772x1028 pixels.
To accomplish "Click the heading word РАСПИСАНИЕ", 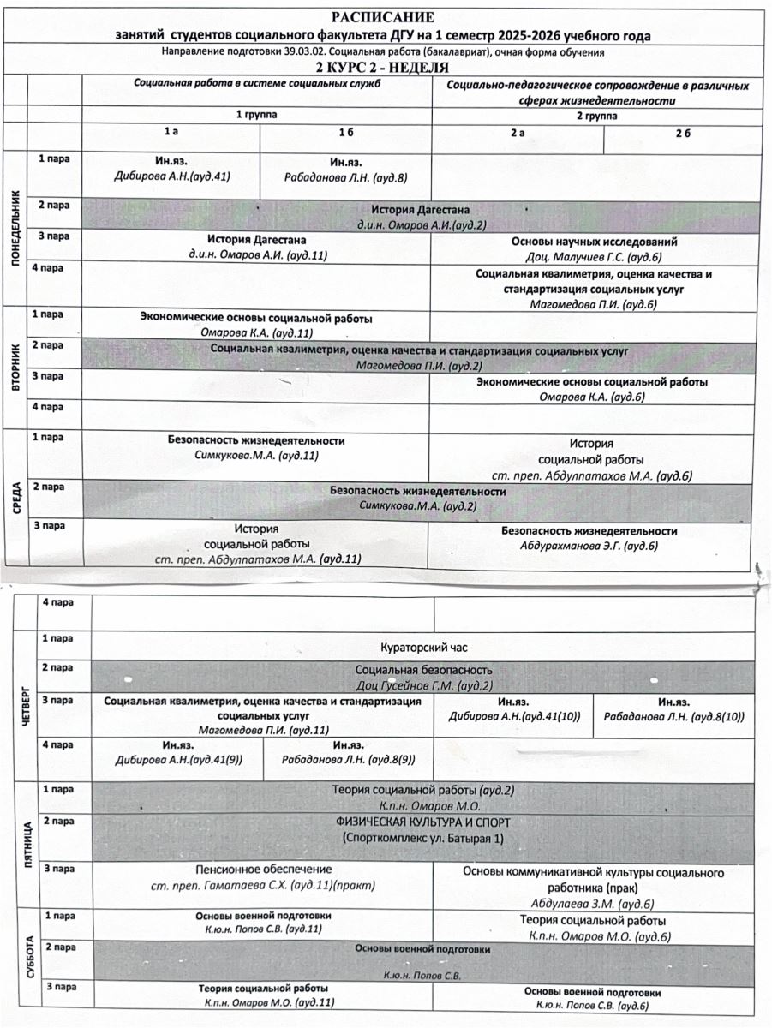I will (384, 18).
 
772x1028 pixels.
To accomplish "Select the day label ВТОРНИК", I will (15, 368).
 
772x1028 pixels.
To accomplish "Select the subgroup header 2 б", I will (682, 134).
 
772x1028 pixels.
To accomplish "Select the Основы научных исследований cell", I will (594, 242).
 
